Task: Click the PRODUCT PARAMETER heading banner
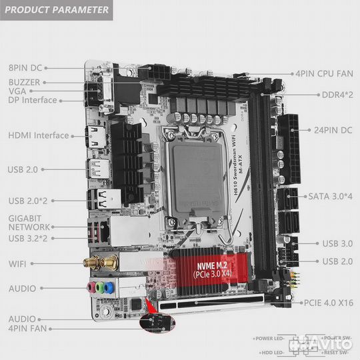click(x=56, y=10)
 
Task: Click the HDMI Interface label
click(x=39, y=135)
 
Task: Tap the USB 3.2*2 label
click(x=31, y=237)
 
